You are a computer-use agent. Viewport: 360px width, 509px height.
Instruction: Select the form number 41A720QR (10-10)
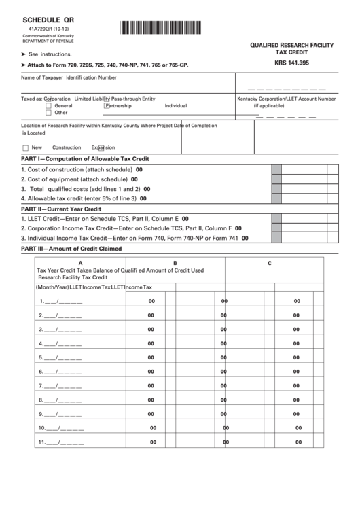(x=46, y=31)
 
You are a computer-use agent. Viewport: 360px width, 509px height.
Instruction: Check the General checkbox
(x=48, y=106)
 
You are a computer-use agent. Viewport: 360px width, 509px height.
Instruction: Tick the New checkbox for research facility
(x=25, y=148)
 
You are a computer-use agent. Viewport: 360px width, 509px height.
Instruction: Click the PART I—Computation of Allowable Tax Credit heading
(x=86, y=159)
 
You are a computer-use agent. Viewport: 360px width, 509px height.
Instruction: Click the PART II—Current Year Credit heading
(x=61, y=209)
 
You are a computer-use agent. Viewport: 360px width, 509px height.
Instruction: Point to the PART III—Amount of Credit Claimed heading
(x=72, y=249)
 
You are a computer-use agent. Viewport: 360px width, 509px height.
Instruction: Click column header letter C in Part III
(x=270, y=263)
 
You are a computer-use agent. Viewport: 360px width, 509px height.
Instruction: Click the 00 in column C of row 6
(x=297, y=372)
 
